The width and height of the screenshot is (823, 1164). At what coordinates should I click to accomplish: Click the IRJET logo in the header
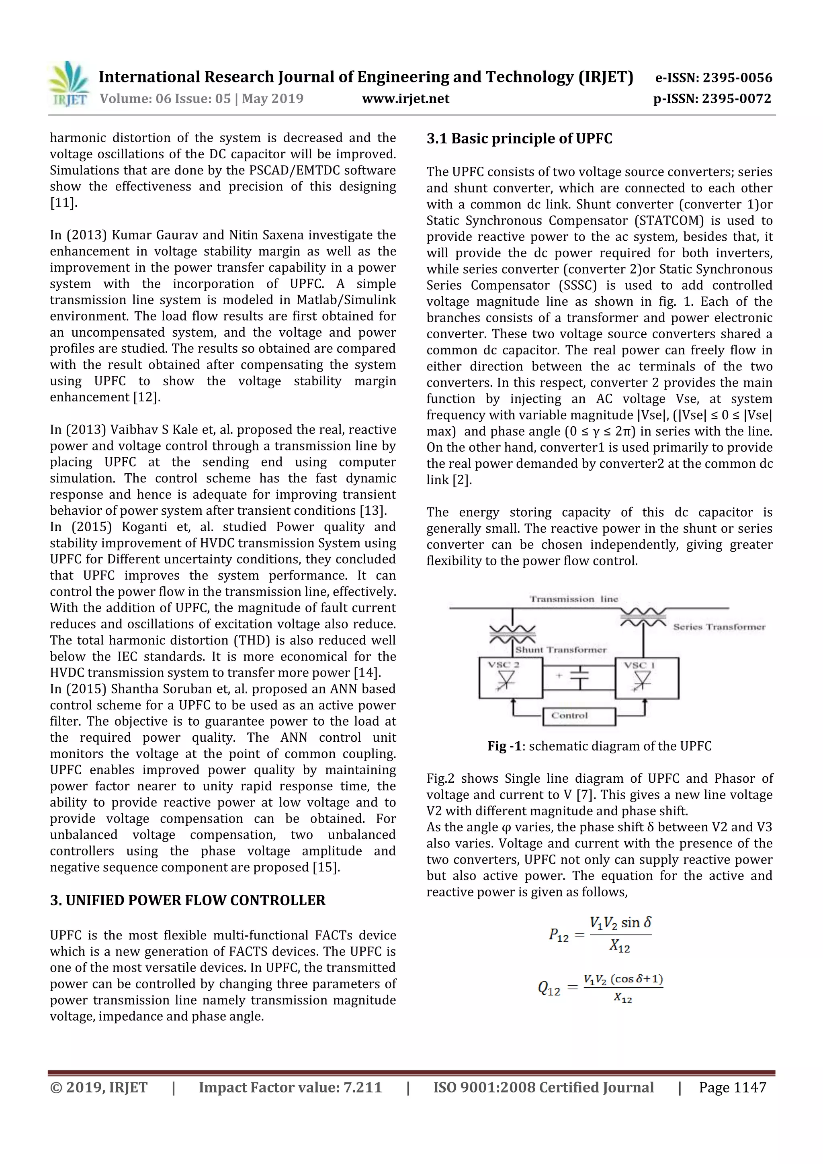click(x=68, y=84)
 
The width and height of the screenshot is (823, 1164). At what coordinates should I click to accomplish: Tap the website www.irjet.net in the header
click(x=405, y=99)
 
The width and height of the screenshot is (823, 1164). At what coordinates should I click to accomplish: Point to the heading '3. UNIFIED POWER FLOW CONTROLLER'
click(x=188, y=900)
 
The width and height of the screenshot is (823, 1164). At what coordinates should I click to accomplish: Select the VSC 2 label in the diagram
click(x=503, y=665)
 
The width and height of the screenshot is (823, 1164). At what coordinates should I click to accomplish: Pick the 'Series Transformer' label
click(x=719, y=627)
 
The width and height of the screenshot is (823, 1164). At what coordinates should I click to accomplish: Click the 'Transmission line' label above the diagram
click(x=573, y=599)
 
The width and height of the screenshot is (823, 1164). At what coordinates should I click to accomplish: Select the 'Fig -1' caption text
click(x=504, y=746)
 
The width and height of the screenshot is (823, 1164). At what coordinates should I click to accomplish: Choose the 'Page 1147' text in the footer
click(x=732, y=1087)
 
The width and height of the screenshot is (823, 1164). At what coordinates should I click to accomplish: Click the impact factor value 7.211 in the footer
click(x=362, y=1087)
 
